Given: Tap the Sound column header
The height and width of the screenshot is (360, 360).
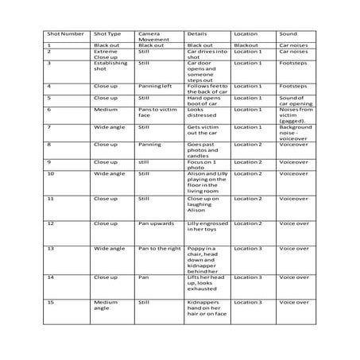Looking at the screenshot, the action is (x=288, y=34).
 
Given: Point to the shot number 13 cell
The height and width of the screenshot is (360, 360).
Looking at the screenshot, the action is (x=52, y=248).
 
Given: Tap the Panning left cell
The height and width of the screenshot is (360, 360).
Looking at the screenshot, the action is (x=153, y=85).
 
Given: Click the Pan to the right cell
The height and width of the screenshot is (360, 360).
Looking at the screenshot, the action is (x=159, y=248).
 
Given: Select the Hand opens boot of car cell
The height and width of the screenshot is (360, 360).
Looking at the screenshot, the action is (x=206, y=99).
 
